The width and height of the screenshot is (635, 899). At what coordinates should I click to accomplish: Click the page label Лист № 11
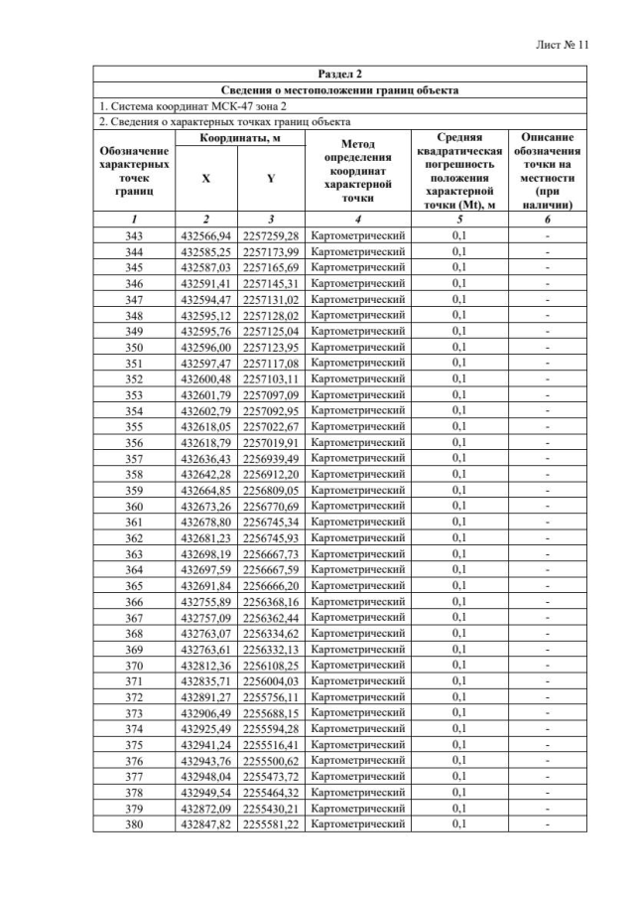coord(562,45)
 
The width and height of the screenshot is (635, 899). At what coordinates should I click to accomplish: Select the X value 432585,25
coord(206,251)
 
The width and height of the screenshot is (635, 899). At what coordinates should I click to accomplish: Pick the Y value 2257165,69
coord(271,267)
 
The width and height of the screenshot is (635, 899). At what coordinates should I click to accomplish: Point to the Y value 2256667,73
coord(271,553)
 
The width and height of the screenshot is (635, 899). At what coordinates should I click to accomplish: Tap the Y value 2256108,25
coord(271,665)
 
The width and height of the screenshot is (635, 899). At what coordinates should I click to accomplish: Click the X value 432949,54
coord(206,792)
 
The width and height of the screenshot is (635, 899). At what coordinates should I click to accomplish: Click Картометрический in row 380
coord(358,824)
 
